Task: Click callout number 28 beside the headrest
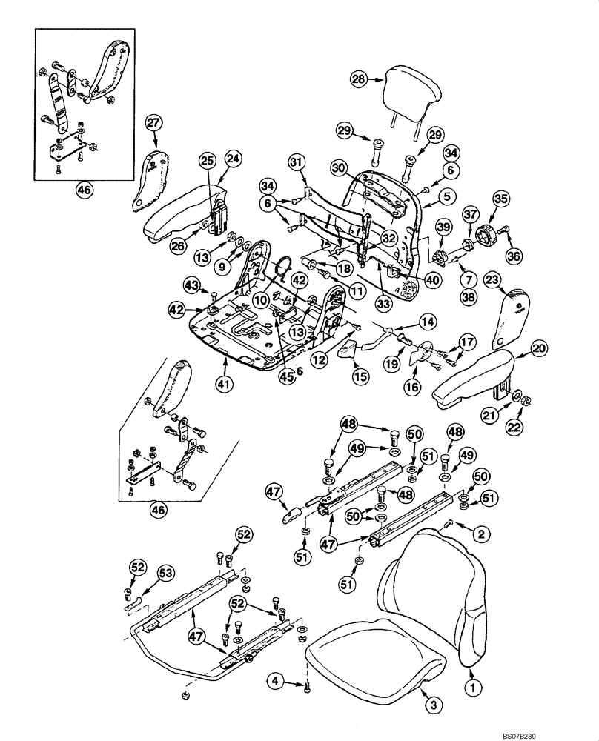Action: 360,79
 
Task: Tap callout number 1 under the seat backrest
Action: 469,687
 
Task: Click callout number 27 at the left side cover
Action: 153,122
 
